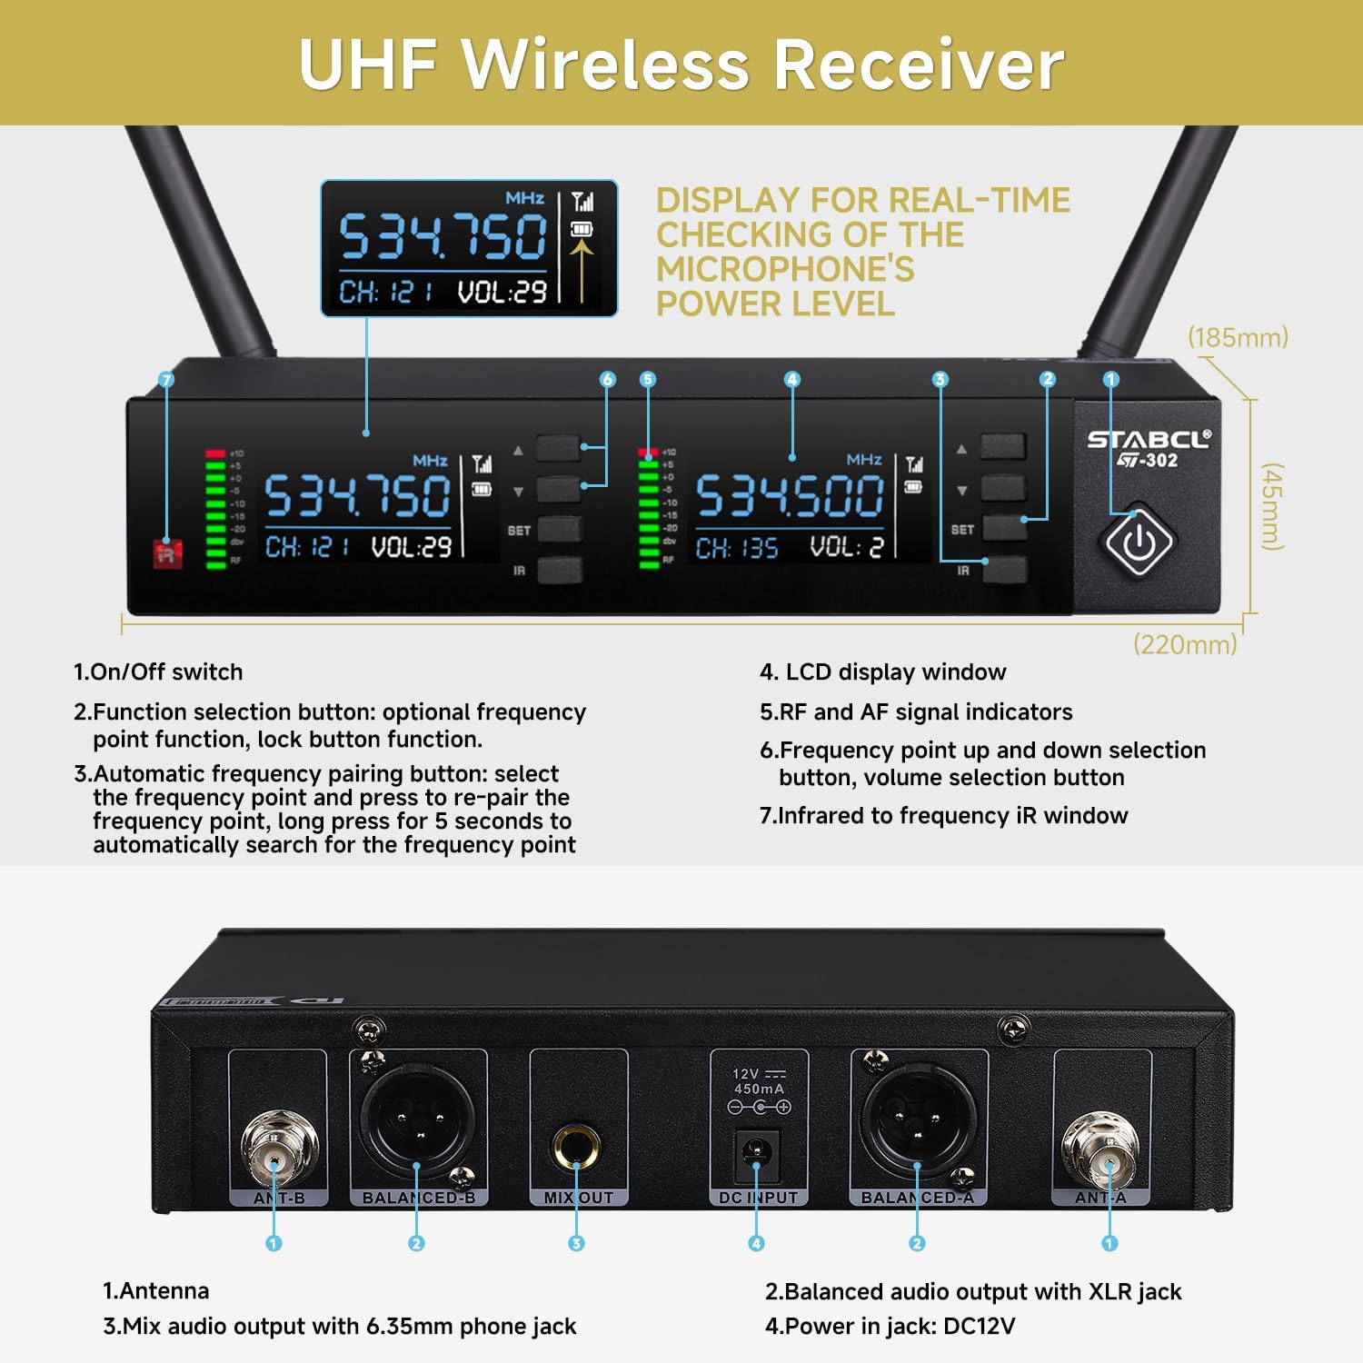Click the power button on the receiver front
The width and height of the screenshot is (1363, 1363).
[1139, 542]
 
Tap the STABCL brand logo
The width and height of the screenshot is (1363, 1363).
[1149, 440]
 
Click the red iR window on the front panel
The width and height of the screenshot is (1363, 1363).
[167, 553]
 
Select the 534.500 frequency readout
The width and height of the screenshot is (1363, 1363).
[790, 497]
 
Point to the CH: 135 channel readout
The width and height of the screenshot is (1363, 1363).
[737, 548]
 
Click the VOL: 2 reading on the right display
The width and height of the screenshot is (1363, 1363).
[846, 547]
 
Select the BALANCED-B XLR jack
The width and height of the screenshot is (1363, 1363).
[418, 1120]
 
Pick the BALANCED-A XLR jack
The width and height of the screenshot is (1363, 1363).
[918, 1120]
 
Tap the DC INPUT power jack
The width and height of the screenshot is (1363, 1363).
[757, 1154]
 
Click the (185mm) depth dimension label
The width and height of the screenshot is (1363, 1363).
[1238, 338]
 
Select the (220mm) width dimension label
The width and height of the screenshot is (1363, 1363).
[1185, 645]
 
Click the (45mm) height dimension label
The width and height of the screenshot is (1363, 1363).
[1272, 507]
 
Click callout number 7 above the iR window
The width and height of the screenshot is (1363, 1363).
[166, 380]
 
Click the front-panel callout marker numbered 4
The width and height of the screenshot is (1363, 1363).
[792, 380]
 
